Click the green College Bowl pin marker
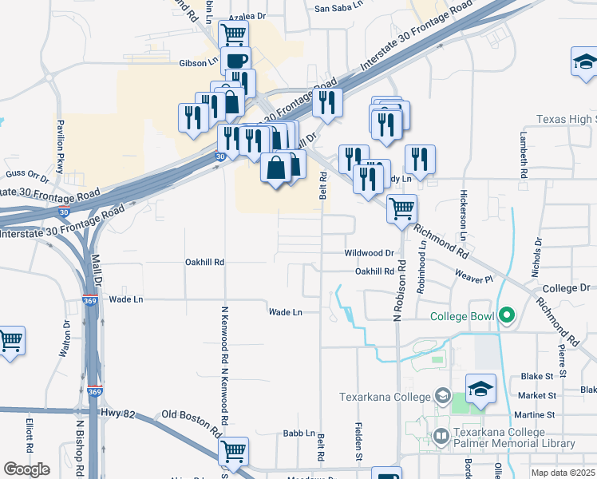click(504, 316)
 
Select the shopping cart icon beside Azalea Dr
click(233, 34)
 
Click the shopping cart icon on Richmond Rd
click(401, 208)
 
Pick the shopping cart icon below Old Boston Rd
click(233, 451)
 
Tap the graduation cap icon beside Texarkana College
click(480, 389)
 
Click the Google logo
click(27, 469)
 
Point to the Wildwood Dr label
click(370, 253)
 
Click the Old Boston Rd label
click(191, 415)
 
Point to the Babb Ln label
click(298, 433)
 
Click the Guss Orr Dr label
click(27, 173)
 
